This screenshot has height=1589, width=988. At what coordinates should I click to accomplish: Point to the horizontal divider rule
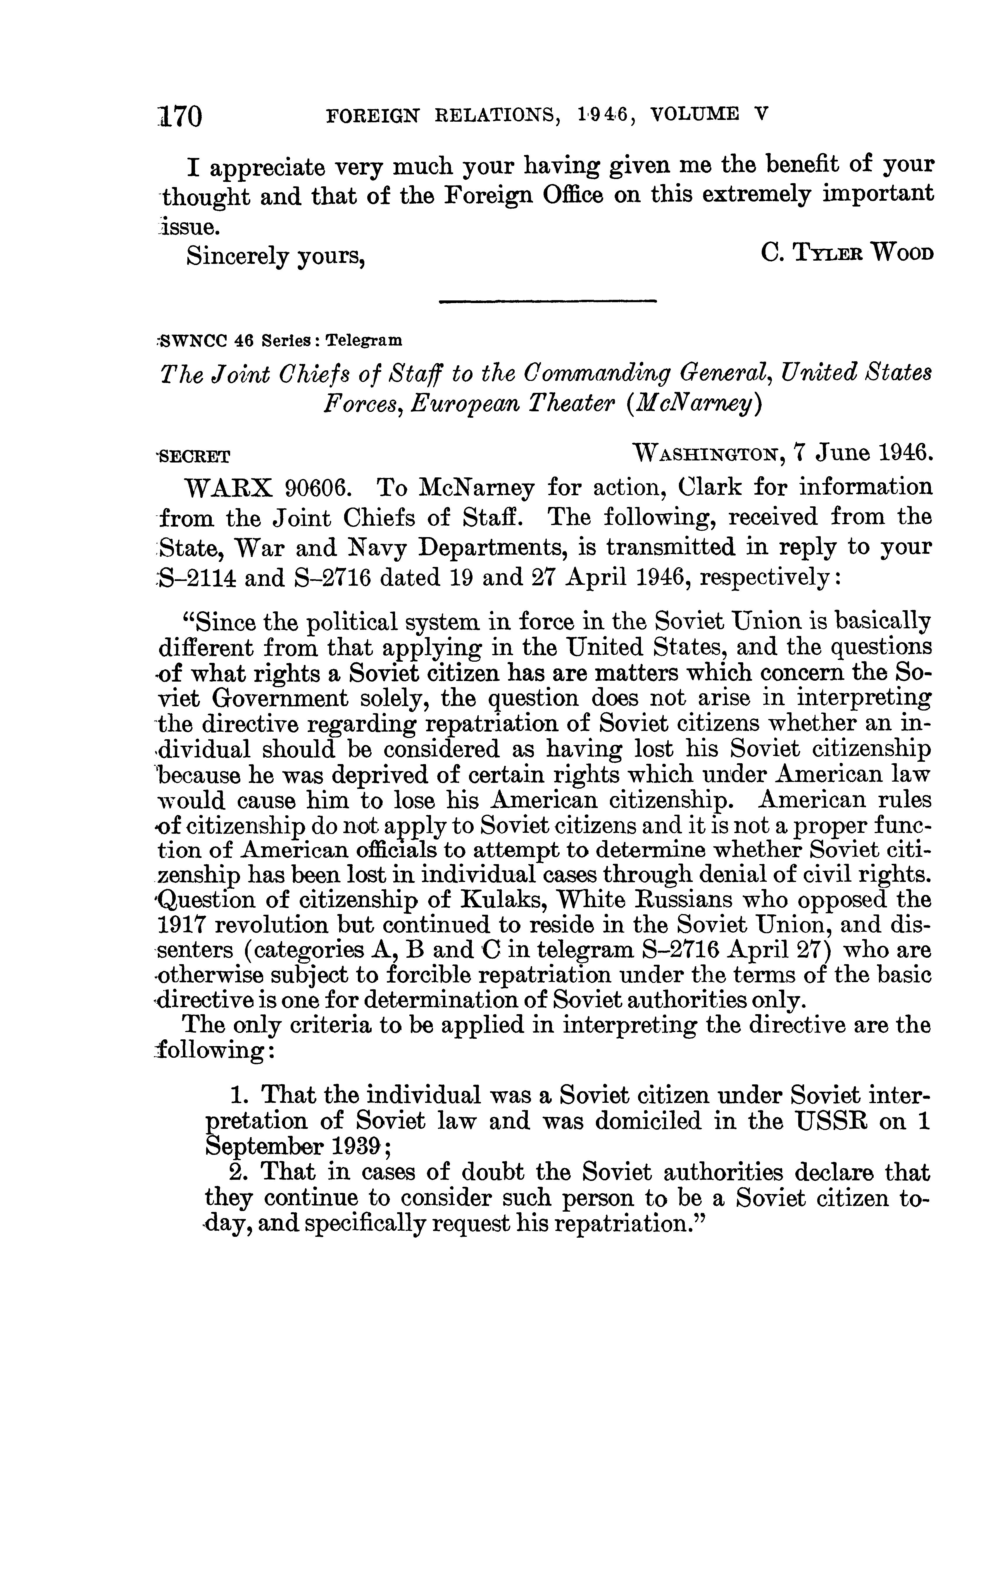pyautogui.click(x=548, y=301)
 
